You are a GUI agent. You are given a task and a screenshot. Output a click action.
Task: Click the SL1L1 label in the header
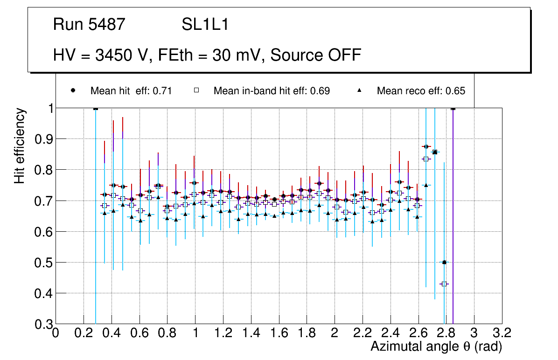205,25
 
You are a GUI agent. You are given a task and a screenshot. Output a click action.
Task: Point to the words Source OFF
316,55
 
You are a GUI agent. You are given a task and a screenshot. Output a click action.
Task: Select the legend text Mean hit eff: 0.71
131,91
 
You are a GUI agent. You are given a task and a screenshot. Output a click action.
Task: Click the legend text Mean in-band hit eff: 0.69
272,91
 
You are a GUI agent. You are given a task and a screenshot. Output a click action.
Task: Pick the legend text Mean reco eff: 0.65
421,91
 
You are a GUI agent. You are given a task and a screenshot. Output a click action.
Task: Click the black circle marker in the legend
73,90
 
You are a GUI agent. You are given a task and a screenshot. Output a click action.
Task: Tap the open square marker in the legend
197,90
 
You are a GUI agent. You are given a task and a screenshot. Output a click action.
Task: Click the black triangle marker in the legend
360,90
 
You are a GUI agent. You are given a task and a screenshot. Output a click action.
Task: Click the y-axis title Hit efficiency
20,145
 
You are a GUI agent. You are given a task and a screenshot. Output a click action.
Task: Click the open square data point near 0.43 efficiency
444,284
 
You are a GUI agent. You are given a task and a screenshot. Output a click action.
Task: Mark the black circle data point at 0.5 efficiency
444,262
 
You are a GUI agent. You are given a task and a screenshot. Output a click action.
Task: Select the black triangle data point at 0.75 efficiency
426,185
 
